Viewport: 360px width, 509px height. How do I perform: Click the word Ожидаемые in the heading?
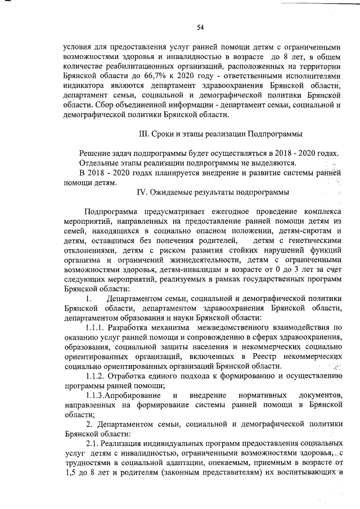point(172,192)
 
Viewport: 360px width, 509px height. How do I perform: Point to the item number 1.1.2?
point(96,376)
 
